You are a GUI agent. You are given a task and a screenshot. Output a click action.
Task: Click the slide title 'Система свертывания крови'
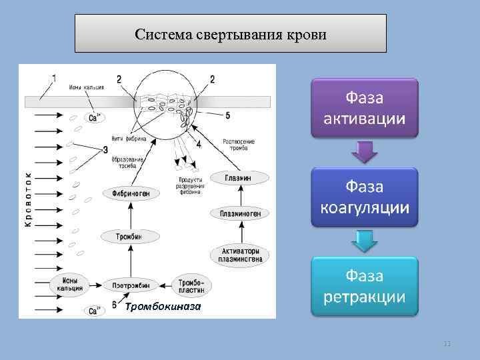230,34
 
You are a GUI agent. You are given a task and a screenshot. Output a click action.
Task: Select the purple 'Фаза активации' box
364,108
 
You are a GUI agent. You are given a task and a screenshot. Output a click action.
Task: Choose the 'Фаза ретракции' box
364,285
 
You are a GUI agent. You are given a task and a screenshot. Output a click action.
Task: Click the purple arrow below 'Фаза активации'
364,152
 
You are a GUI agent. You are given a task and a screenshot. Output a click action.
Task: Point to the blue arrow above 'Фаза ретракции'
364,241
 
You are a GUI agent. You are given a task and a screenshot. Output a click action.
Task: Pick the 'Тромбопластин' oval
192,285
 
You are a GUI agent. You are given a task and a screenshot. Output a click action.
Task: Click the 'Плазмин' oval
239,177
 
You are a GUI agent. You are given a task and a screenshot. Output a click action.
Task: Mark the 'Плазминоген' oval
239,213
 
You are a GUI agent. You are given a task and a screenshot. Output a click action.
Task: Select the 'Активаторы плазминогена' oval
239,254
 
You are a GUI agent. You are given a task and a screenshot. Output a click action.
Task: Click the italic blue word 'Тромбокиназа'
163,305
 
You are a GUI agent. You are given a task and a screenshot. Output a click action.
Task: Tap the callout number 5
228,115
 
